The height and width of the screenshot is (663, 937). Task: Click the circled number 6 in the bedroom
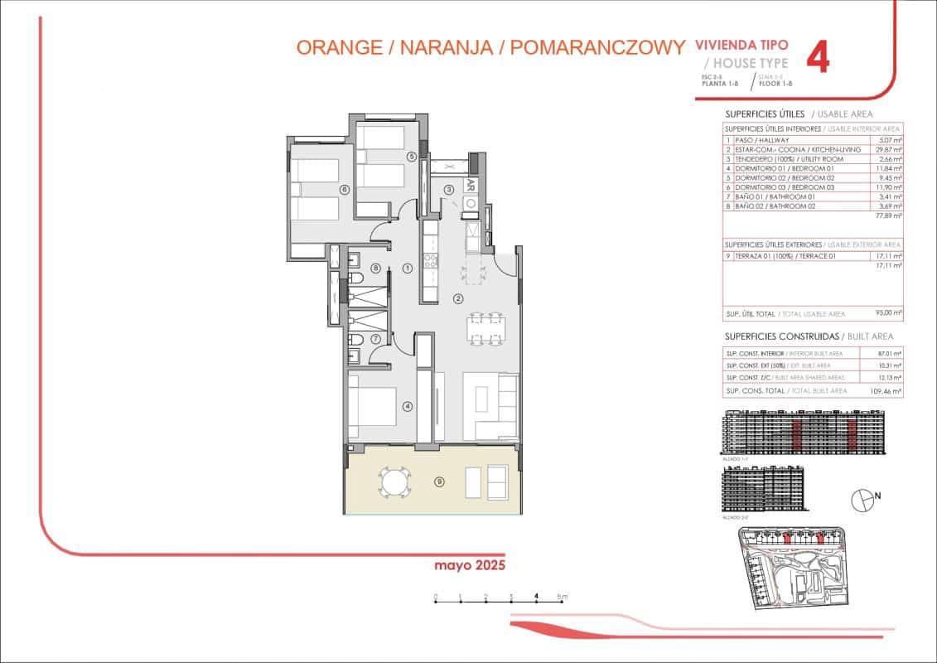(x=344, y=189)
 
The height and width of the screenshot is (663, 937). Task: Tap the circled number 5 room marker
(x=410, y=156)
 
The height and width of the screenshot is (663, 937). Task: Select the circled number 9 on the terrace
(x=439, y=480)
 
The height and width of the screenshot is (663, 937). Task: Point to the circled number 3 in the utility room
(x=449, y=190)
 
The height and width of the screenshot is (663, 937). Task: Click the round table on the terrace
(x=394, y=481)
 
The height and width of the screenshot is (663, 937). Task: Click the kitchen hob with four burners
(x=431, y=263)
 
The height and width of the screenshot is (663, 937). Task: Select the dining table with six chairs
(x=484, y=328)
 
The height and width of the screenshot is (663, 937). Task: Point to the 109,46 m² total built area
(x=887, y=390)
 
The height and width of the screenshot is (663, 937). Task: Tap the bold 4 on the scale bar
(x=537, y=595)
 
